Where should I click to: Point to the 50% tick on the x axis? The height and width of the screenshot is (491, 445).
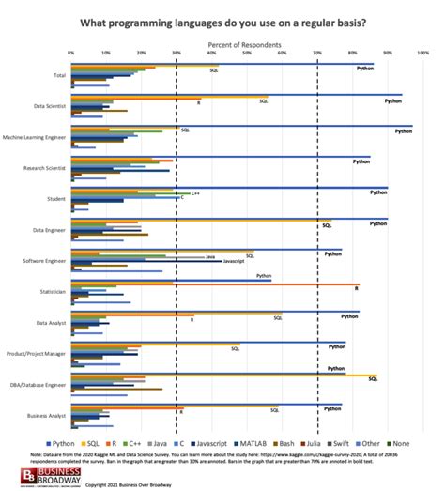coord(247,54)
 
